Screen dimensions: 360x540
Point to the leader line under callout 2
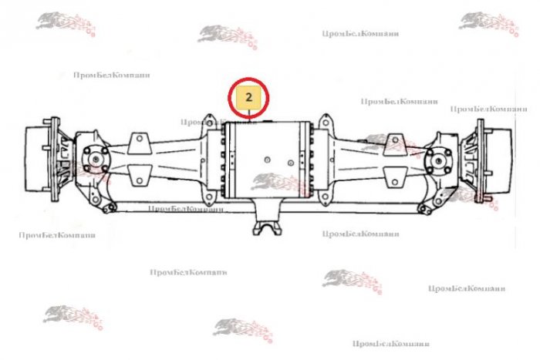tap(251, 115)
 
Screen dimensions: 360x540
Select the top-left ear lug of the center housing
tap(207, 122)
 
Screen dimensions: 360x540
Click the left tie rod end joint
tap(113, 207)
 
